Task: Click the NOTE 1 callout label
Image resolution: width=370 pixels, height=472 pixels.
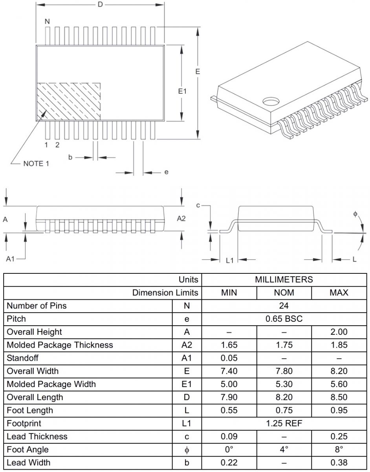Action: (36, 164)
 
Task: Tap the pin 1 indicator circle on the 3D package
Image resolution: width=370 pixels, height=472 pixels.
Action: (271, 101)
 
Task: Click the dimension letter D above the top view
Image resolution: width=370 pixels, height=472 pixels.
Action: (100, 4)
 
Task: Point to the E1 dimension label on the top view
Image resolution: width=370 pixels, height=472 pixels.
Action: (182, 91)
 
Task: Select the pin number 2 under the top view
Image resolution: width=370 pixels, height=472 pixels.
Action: (57, 145)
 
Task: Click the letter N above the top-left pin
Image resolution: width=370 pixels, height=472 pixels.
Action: (47, 21)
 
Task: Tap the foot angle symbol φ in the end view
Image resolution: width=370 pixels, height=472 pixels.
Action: (355, 214)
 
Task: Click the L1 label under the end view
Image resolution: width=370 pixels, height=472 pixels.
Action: (230, 260)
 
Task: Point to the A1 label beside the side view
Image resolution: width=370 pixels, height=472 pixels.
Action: (10, 259)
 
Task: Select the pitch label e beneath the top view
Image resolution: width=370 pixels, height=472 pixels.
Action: (167, 172)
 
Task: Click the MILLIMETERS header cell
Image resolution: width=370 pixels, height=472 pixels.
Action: (284, 280)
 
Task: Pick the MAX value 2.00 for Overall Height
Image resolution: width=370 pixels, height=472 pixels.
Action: (339, 332)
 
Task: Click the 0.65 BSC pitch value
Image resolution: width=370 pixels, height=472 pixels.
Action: (284, 319)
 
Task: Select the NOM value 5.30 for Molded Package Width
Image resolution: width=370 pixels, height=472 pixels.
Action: (284, 384)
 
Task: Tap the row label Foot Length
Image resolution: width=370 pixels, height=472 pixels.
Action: (30, 410)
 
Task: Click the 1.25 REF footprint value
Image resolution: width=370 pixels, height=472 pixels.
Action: (284, 423)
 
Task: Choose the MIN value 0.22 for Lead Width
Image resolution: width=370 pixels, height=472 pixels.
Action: (229, 463)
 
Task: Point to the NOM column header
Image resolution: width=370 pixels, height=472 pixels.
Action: (284, 293)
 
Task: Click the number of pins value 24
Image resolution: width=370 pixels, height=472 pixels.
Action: (284, 306)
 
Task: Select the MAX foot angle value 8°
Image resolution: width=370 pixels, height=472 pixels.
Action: (339, 450)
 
